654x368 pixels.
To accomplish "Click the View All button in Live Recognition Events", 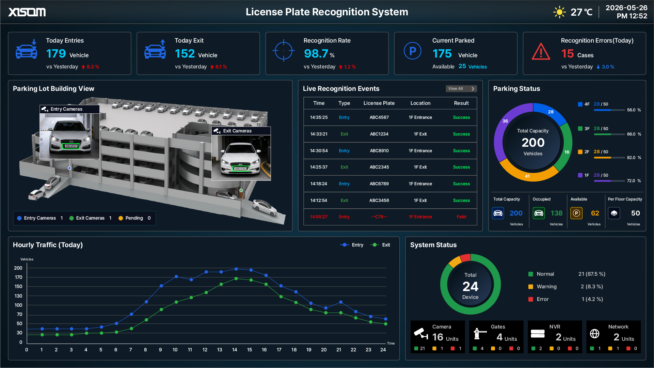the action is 461,89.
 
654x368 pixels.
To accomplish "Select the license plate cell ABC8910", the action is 379,151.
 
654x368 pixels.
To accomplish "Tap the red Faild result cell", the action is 461,217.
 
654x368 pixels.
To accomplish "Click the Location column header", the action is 420,103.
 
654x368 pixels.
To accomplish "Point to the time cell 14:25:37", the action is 319,167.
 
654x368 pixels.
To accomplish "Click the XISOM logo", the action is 27,12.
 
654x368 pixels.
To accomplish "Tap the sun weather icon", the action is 559,12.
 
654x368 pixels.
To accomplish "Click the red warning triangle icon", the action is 541,51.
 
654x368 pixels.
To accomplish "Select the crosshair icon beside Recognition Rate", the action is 284,51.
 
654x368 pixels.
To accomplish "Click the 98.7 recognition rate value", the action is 316,54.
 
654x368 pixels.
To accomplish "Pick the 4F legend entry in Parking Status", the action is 593,104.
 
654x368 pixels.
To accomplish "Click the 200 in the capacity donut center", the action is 533,143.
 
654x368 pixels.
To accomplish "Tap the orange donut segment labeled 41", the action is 528,174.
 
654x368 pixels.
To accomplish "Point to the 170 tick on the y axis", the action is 18,277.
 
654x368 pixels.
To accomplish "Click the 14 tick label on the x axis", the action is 235,350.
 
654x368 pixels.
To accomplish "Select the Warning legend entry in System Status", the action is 543,287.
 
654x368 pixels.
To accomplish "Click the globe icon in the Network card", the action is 594,334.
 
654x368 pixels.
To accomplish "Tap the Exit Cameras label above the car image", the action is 237,131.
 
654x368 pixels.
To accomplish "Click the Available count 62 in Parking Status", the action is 595,213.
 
